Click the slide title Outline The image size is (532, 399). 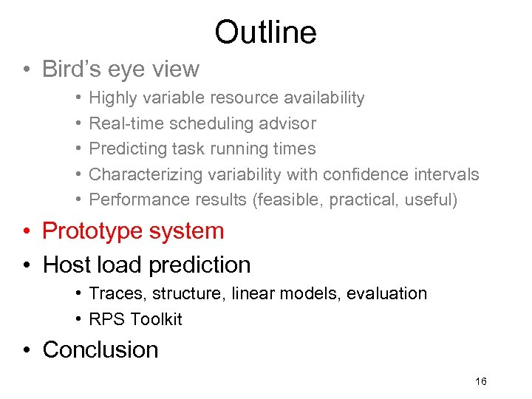coord(265,32)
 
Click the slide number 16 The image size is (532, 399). coord(481,381)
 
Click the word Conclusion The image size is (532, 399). coord(100,349)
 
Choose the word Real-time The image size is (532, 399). coord(126,123)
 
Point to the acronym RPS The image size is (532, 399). coord(106,319)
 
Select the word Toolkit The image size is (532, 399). coord(156,319)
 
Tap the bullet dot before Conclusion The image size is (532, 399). coord(27,350)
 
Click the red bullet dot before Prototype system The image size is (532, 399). coord(27,231)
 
